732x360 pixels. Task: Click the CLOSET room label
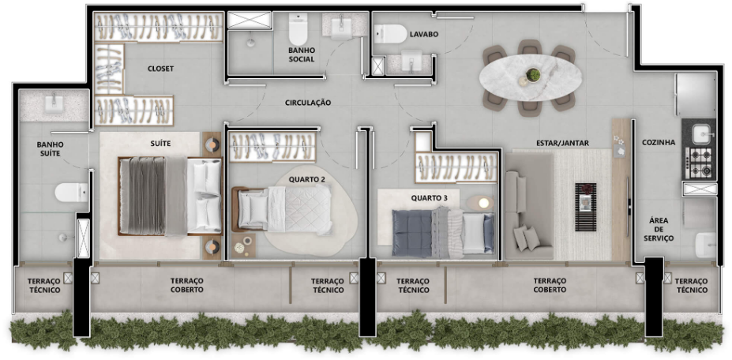coord(160,69)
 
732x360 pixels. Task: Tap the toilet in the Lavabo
coord(390,34)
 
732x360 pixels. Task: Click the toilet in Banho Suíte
coord(71,193)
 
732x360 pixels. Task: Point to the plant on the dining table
coord(533,74)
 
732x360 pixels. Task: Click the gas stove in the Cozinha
coord(700,163)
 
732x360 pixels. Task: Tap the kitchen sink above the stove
coord(703,134)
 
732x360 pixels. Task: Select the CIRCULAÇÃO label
coord(308,103)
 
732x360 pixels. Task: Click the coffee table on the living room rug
coord(585,206)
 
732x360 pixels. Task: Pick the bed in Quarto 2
coord(283,208)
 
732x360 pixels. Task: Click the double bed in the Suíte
coord(170,196)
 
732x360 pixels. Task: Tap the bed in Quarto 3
coord(442,233)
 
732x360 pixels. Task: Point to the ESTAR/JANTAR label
coord(562,143)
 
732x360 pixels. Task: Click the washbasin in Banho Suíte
coord(54,103)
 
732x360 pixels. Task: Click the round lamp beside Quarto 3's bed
coord(483,203)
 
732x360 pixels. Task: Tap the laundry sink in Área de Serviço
coord(705,245)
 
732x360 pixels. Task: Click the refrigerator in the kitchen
coord(694,96)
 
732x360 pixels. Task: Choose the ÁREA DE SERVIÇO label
coord(659,229)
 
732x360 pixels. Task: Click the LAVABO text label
coord(424,34)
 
